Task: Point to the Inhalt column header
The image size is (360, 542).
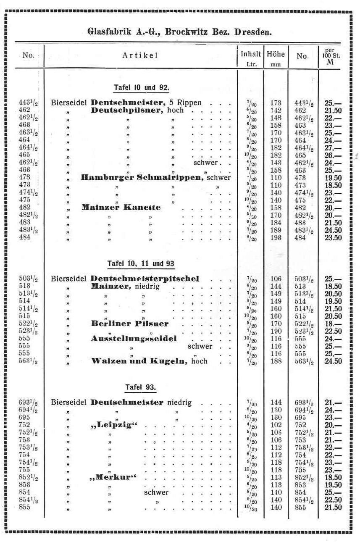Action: tap(251, 54)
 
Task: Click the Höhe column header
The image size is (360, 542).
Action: tap(276, 54)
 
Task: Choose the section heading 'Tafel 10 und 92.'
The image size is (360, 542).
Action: tap(141, 88)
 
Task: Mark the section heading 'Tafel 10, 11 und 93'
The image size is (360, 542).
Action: tap(141, 264)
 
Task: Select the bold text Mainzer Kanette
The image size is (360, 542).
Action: tap(121, 207)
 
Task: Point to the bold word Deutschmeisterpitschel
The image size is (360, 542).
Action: tap(145, 279)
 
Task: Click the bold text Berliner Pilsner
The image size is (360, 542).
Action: tap(129, 324)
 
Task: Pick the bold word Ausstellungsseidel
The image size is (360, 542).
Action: tap(134, 339)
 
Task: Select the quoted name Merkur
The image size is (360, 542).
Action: tap(114, 477)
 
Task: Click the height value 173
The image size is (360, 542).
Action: tap(276, 103)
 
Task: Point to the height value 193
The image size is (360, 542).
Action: tap(276, 237)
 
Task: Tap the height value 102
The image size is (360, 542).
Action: tap(276, 425)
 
